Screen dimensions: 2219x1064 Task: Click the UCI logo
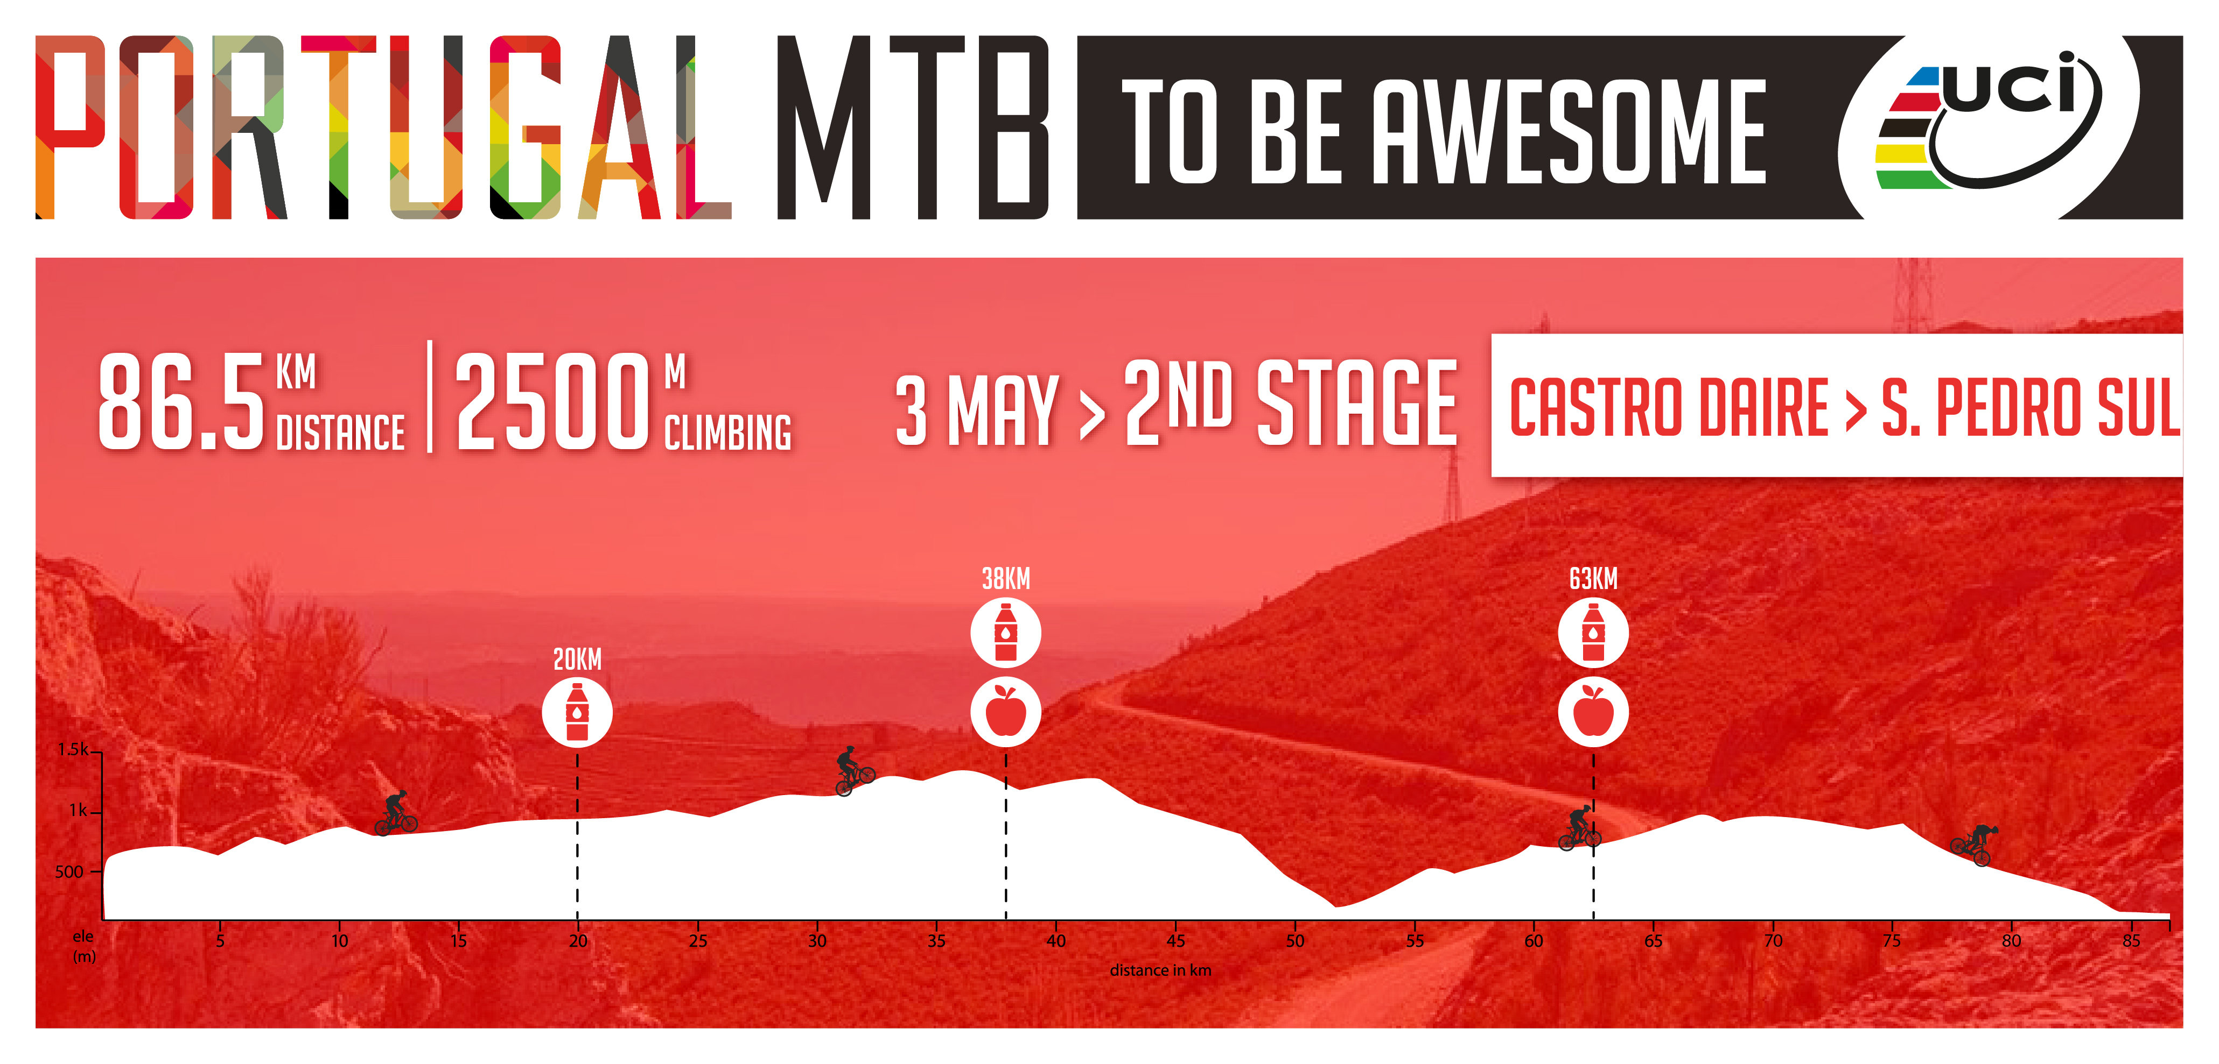[1988, 119]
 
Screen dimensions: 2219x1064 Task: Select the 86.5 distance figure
[181, 401]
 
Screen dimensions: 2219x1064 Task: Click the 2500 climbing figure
[551, 401]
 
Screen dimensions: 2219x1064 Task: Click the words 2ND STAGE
[1290, 402]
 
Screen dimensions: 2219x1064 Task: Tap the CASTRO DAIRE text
[1669, 407]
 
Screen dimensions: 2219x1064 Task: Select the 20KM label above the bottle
[577, 659]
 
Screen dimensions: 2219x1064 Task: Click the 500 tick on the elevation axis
[69, 872]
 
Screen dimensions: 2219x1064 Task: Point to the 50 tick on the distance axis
[1294, 941]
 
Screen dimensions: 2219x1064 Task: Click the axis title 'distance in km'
[1160, 970]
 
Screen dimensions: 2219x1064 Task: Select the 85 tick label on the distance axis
[2131, 941]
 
